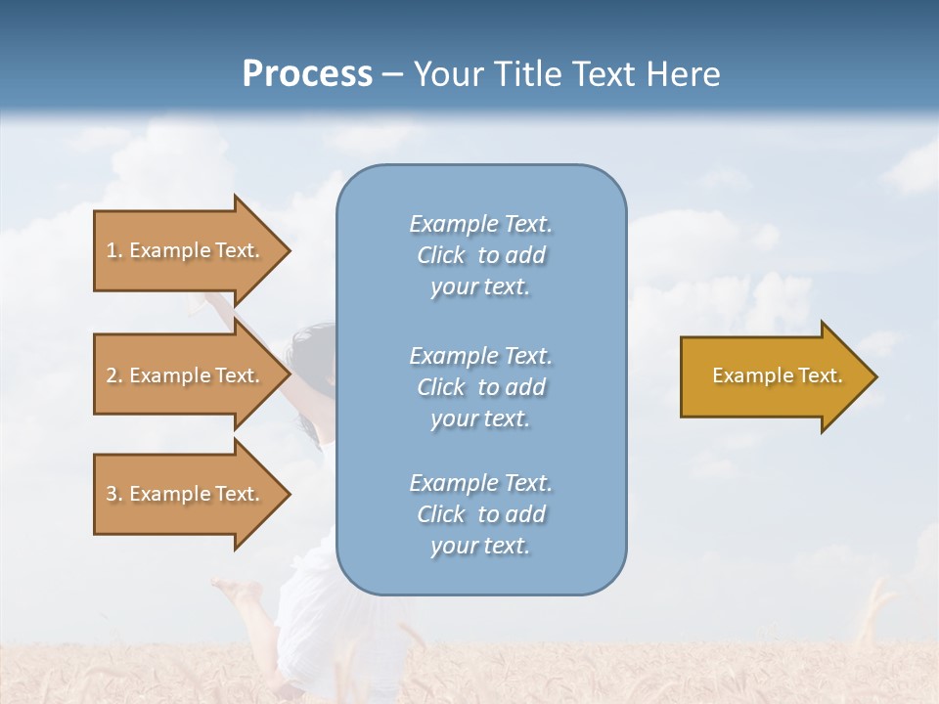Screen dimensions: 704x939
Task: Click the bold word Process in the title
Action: (307, 74)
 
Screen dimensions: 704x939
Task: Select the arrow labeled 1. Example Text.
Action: (186, 250)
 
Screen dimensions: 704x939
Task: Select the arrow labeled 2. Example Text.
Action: (186, 375)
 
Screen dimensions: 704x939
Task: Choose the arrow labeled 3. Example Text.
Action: (186, 494)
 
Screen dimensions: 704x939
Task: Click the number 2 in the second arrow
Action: (112, 375)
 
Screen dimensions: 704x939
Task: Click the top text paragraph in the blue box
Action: (480, 255)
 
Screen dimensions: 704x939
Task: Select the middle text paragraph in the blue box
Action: (480, 387)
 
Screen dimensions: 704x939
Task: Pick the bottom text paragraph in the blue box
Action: (480, 514)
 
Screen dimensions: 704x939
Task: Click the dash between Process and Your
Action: (393, 75)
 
